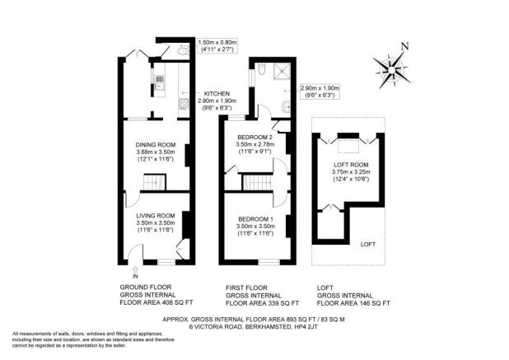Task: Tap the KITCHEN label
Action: [x=216, y=94]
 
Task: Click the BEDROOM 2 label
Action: [x=255, y=137]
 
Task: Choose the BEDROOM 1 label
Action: [x=255, y=217]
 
